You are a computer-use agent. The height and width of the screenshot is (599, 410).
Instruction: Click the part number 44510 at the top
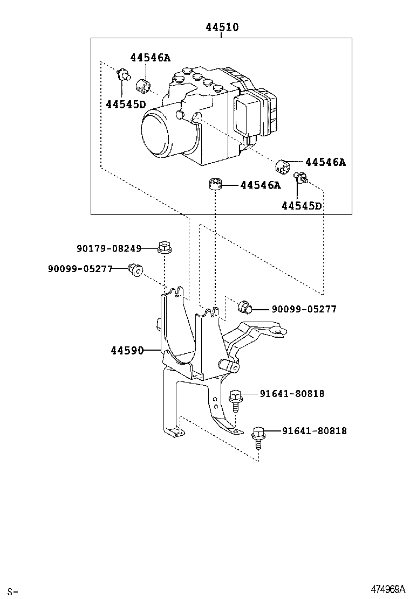pos(221,27)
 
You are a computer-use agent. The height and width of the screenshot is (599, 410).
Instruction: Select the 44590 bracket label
pos(127,351)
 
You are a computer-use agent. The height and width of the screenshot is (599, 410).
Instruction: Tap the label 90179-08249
pos(108,248)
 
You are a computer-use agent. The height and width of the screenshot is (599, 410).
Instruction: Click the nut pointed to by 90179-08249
pos(164,248)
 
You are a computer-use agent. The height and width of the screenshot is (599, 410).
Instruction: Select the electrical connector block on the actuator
pos(254,116)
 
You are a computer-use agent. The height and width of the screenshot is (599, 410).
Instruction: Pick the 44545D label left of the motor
pos(126,104)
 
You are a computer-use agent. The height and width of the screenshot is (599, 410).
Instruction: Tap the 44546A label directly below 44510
pos(149,58)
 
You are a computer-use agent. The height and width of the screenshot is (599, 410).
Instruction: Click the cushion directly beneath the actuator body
pos(216,184)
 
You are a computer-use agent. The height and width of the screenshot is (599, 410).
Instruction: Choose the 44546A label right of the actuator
pos(325,162)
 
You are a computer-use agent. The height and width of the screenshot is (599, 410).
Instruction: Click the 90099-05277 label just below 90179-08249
pos(80,268)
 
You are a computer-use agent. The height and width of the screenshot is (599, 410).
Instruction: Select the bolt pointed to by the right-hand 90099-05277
pos(245,308)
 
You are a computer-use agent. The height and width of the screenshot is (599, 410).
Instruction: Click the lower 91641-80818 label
pos(314,431)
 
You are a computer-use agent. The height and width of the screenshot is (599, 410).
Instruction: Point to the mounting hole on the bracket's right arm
pos(278,332)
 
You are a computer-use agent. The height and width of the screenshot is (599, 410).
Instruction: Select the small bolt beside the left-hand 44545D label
pos(123,75)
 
